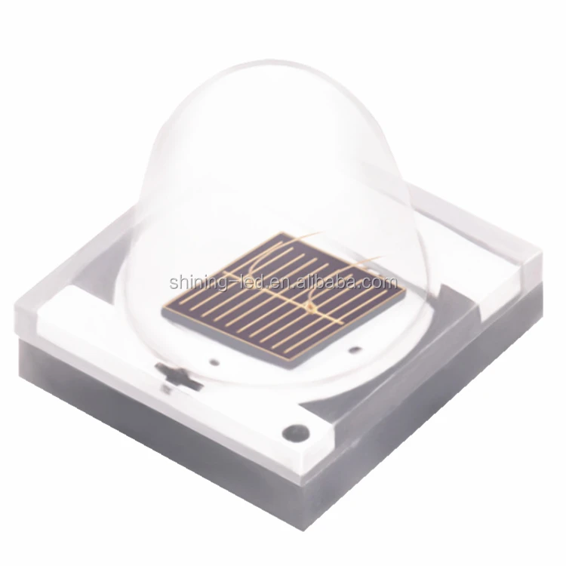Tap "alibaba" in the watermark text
pos(331,281)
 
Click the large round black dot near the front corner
pos(296,432)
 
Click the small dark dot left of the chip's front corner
pos(215,361)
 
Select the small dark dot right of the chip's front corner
pos(356,349)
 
